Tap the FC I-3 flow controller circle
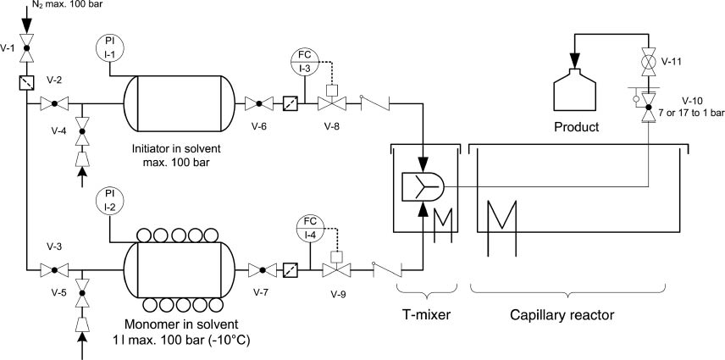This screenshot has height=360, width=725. tap(307, 60)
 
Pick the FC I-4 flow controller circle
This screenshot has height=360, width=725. tap(311, 227)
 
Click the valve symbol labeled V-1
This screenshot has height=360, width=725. tap(25, 48)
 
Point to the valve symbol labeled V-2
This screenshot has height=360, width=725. tap(53, 104)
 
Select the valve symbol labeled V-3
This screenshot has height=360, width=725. tap(53, 270)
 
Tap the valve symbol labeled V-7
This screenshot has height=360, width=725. tap(261, 270)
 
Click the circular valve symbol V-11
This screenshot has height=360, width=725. tap(650, 61)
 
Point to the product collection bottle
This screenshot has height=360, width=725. tap(578, 87)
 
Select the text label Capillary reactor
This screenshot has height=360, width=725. tap(562, 316)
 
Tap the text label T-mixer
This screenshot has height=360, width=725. tap(426, 316)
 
